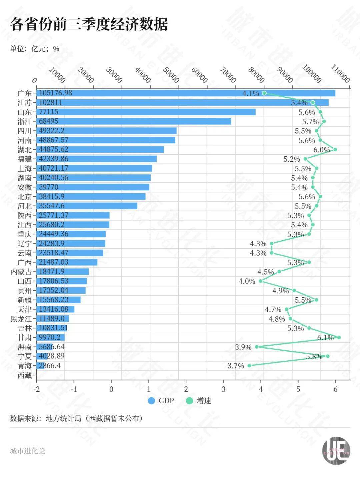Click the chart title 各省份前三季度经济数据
[89, 24]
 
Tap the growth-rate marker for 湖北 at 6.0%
[335, 149]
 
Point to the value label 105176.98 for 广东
[55, 93]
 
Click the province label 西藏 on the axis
[25, 375]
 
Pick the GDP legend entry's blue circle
[151, 401]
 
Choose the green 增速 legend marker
[189, 401]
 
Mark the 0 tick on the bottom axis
[111, 389]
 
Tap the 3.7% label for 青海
[236, 366]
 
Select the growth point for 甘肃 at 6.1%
[339, 337]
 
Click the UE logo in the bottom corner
[336, 451]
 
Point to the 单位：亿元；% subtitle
[35, 49]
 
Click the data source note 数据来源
[76, 419]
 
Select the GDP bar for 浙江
[134, 121]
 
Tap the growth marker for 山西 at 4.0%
[261, 281]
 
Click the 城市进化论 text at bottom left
[27, 451]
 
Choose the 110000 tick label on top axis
[340, 74]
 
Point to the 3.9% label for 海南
[243, 347]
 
